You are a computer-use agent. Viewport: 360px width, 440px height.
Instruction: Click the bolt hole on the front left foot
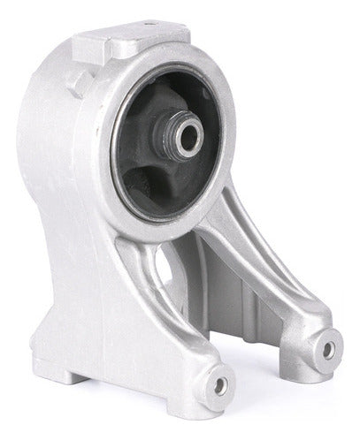tap(217, 385)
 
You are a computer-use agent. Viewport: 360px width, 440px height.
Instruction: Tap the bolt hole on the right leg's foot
tap(328, 350)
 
